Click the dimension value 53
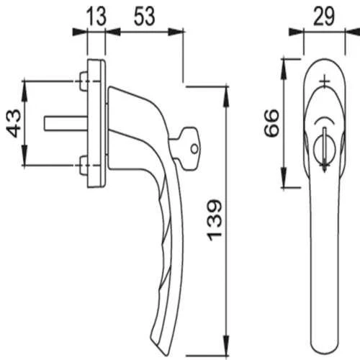tap(145, 15)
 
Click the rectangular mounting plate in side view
tap(95, 124)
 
